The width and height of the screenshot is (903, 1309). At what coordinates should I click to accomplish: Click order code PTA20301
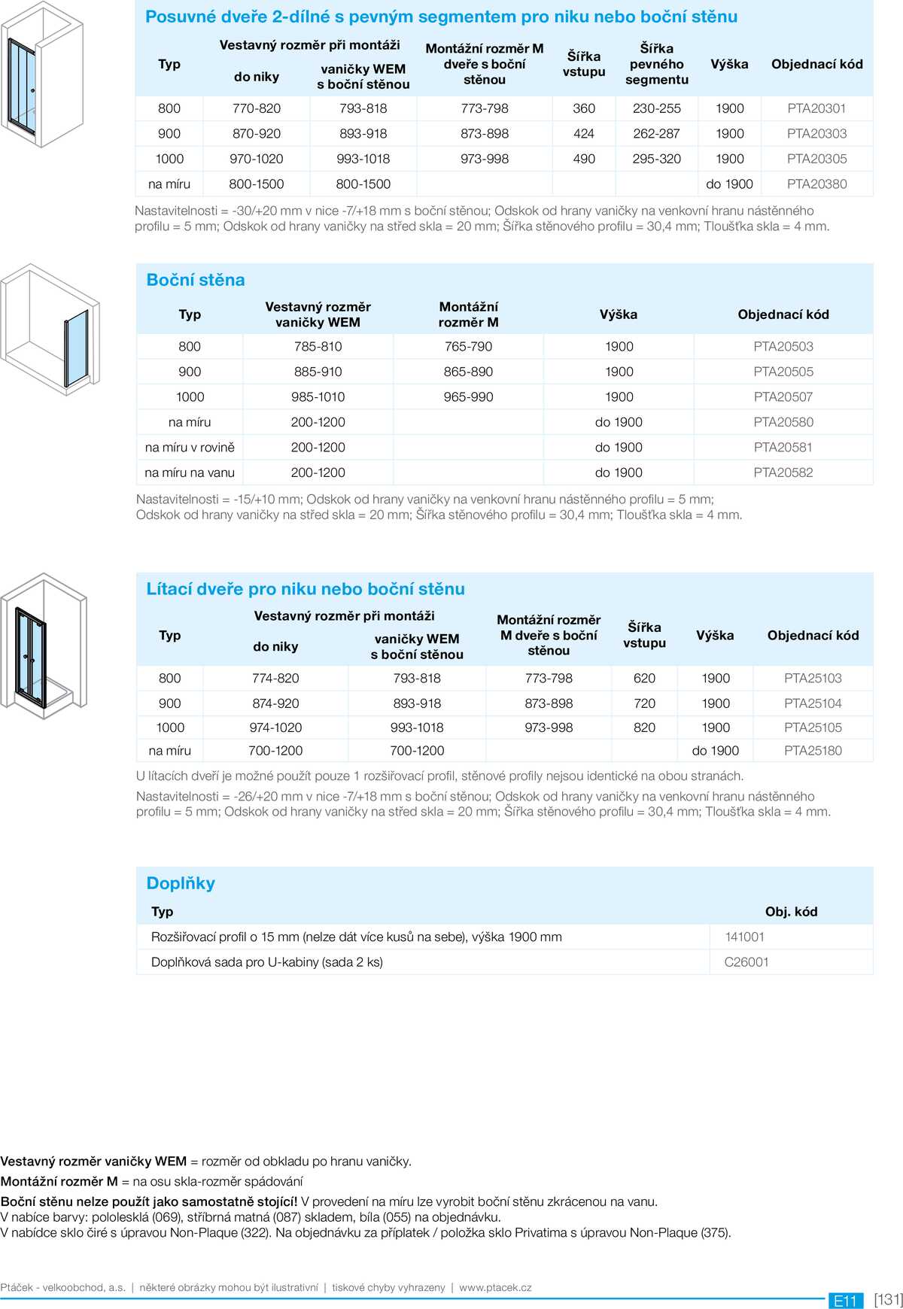816,108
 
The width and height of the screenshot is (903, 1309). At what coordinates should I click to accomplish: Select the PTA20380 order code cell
816,184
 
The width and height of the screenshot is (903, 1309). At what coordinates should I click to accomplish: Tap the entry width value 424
584,134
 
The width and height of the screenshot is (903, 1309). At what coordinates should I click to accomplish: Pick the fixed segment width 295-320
656,159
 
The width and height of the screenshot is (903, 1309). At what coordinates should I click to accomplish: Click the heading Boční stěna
196,280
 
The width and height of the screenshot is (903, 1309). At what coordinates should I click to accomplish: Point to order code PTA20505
783,372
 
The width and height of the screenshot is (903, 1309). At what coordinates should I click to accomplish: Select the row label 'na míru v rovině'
190,448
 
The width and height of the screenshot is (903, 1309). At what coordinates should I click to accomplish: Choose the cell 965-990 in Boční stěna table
468,397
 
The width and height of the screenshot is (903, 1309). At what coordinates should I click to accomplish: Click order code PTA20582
783,472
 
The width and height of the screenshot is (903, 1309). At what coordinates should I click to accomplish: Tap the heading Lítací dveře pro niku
306,589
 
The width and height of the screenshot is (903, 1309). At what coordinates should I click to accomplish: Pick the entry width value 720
644,703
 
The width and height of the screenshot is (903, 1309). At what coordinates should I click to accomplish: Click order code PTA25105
813,727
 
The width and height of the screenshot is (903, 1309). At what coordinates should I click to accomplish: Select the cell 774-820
275,679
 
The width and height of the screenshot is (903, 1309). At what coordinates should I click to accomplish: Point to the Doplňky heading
181,883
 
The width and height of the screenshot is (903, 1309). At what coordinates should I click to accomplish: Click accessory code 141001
745,937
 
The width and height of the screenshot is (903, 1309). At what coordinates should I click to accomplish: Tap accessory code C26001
746,962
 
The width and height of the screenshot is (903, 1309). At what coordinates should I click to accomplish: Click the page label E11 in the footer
845,1301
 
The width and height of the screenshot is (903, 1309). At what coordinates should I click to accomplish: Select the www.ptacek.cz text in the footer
495,1287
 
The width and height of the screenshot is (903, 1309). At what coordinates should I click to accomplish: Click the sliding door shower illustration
41,75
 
